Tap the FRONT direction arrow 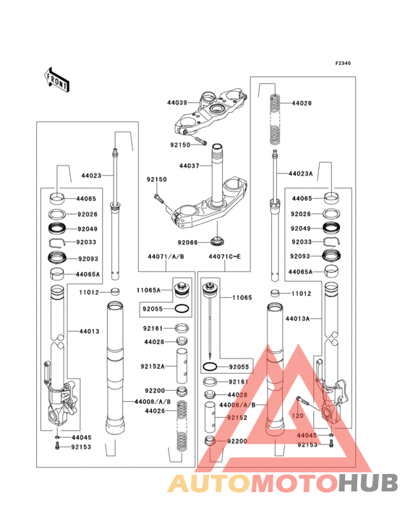(x=57, y=78)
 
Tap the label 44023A (x=301, y=174)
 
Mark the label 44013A (x=297, y=318)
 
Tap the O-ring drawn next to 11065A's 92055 (x=184, y=309)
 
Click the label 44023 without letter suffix (x=91, y=176)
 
